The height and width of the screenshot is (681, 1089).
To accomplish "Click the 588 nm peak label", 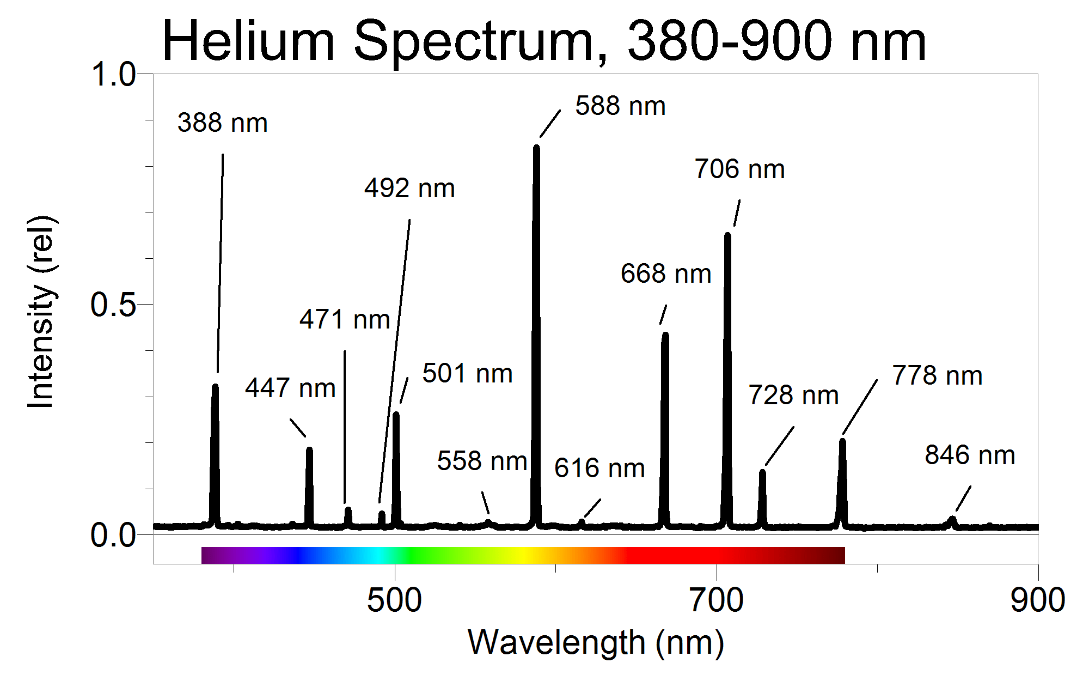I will pyautogui.click(x=620, y=106).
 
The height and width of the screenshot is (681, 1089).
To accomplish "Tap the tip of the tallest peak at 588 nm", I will pyautogui.click(x=536, y=147).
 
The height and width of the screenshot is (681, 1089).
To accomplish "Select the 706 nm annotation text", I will pyautogui.click(x=739, y=169).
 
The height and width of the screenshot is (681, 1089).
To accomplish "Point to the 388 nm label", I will pyautogui.click(x=222, y=123).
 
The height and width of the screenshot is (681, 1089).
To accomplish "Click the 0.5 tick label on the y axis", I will pyautogui.click(x=113, y=305).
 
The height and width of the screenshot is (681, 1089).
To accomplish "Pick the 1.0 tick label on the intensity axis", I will pyautogui.click(x=113, y=74).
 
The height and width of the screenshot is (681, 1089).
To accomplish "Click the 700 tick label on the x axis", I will pyautogui.click(x=716, y=600).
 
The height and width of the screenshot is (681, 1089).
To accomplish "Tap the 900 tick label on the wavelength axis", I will pyautogui.click(x=1037, y=600).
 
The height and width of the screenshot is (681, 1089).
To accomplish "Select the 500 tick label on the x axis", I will pyautogui.click(x=394, y=600).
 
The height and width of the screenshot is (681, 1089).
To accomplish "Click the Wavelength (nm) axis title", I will pyautogui.click(x=596, y=643).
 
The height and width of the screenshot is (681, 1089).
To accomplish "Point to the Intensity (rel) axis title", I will pyautogui.click(x=41, y=312).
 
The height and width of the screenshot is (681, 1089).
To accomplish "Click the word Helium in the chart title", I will pyautogui.click(x=248, y=41).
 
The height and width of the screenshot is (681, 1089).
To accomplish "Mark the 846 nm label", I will pyautogui.click(x=970, y=455).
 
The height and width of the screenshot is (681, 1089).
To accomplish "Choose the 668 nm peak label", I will pyautogui.click(x=666, y=273).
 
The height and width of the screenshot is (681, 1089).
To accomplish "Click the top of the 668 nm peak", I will pyautogui.click(x=665, y=335).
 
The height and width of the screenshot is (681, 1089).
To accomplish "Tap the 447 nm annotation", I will pyautogui.click(x=290, y=388).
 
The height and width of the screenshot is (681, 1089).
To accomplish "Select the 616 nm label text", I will pyautogui.click(x=599, y=468).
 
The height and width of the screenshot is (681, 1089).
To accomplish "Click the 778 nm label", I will pyautogui.click(x=937, y=375).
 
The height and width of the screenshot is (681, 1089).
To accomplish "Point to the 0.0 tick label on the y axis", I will pyautogui.click(x=113, y=535).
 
